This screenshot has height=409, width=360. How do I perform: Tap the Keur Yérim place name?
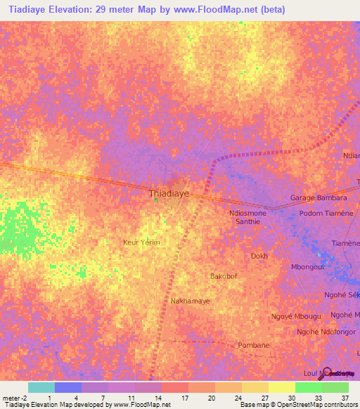[x=141, y=242]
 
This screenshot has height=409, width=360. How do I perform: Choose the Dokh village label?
[x=259, y=257]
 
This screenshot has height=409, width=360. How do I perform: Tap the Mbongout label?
[x=308, y=268]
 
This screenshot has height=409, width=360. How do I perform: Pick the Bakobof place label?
[x=224, y=276]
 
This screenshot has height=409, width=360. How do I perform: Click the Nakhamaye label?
[x=191, y=301]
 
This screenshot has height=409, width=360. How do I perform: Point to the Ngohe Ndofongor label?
[x=325, y=332]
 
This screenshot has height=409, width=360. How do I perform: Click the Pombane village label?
[x=254, y=346]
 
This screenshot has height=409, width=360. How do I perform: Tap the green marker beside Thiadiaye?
[x=155, y=201]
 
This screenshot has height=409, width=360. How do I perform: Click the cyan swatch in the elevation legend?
[x=41, y=387]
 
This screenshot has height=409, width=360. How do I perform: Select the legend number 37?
[x=345, y=398]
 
